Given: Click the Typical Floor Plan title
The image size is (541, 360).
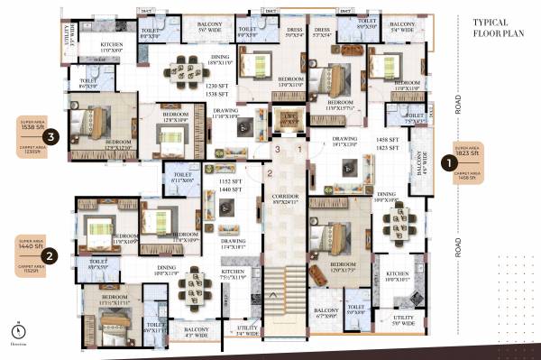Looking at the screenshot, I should [497, 29].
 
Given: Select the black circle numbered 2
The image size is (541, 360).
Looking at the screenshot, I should [51, 256].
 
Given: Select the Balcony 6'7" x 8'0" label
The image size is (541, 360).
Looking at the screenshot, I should [326, 316].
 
